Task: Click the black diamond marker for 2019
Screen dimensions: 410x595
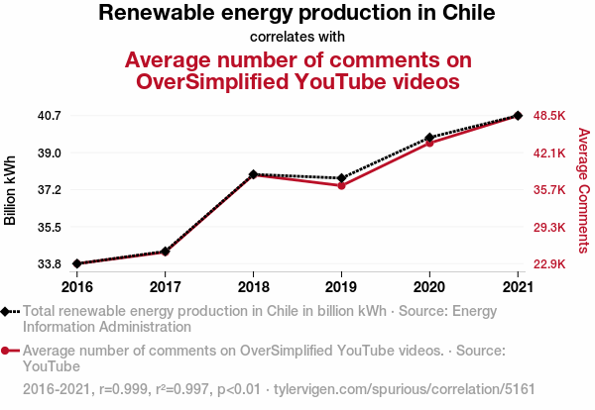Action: (341, 178)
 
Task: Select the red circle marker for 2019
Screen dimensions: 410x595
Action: (341, 185)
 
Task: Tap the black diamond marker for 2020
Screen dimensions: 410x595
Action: (429, 138)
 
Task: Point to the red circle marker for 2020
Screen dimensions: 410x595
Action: (429, 143)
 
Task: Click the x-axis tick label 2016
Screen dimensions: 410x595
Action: (77, 286)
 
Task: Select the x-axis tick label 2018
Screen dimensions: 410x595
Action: (254, 286)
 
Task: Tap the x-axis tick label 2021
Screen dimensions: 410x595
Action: (518, 286)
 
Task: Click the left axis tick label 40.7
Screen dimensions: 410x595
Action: (50, 116)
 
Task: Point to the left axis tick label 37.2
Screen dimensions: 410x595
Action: (50, 190)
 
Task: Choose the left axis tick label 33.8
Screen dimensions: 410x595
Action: (50, 264)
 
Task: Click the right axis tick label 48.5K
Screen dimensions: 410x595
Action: (549, 116)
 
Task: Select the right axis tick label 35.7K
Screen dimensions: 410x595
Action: (549, 190)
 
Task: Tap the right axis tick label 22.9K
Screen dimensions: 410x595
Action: (549, 264)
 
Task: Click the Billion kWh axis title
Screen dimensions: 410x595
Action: (11, 190)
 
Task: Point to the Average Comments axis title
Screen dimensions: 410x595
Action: (583, 190)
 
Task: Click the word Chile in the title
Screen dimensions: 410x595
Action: (463, 14)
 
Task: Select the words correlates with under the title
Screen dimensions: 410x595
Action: (297, 37)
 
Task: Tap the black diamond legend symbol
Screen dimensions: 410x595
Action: (7, 311)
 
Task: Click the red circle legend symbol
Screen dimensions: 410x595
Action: (7, 351)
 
